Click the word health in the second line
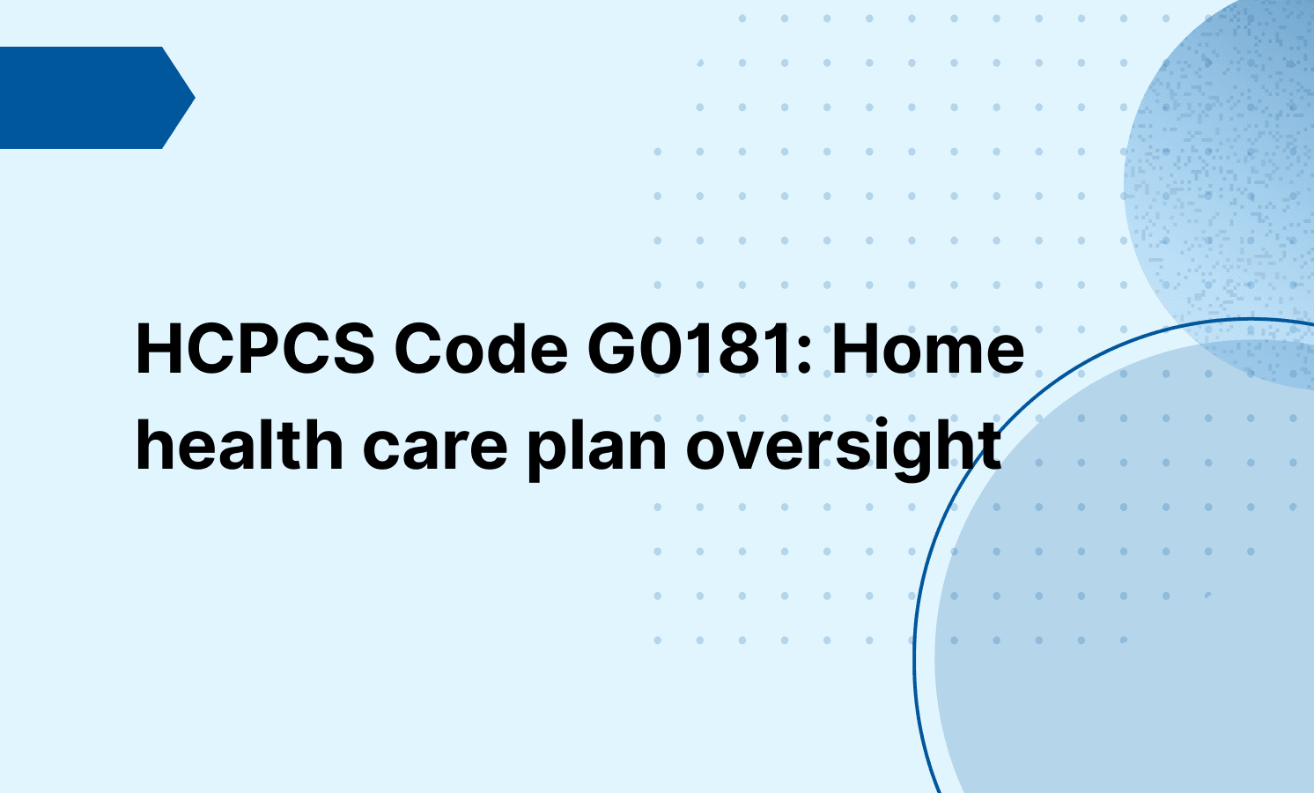click(239, 445)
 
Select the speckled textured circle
click(1233, 176)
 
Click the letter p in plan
click(545, 451)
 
